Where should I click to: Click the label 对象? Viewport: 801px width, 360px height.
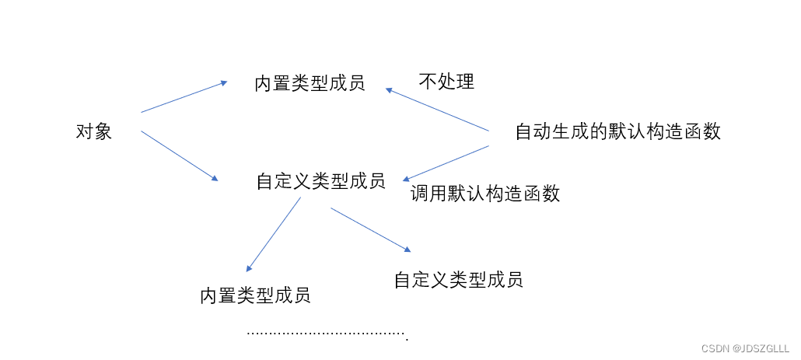(x=93, y=131)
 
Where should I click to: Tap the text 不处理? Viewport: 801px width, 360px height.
(x=446, y=82)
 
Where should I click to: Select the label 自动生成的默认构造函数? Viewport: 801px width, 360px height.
(x=617, y=131)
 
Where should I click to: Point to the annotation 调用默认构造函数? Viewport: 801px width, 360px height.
(x=485, y=194)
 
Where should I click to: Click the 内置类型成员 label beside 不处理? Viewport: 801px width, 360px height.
(x=310, y=83)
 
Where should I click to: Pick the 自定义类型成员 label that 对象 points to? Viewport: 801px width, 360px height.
(x=320, y=181)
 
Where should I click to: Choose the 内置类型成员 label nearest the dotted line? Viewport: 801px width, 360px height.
(x=255, y=295)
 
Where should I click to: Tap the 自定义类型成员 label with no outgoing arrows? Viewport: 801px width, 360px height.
(x=458, y=280)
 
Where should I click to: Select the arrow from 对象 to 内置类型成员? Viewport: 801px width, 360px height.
(x=184, y=96)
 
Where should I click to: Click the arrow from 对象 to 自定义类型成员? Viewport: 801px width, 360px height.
(x=180, y=156)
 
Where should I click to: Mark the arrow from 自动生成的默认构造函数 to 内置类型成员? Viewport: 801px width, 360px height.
(x=437, y=110)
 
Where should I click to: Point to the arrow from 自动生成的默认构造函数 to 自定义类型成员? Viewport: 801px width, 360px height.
(x=445, y=163)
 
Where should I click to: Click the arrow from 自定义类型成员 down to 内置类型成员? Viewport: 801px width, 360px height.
(x=274, y=234)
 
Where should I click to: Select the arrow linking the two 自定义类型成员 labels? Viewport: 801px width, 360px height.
(x=370, y=229)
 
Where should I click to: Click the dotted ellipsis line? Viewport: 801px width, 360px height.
(x=327, y=334)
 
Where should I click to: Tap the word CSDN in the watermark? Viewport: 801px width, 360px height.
(x=715, y=349)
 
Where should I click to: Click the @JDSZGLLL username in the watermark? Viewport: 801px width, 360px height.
(x=759, y=349)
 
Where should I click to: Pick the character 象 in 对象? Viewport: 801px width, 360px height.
(x=103, y=131)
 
